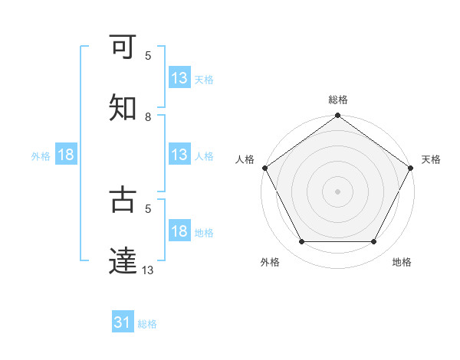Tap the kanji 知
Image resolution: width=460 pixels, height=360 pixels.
(x=123, y=106)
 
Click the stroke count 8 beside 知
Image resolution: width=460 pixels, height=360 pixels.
(x=148, y=116)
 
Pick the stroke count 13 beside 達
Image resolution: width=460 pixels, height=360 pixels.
(x=148, y=269)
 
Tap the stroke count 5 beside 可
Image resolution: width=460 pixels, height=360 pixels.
(x=148, y=56)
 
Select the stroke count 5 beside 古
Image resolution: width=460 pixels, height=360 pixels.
(x=148, y=208)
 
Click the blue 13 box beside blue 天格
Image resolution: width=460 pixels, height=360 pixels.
(x=179, y=78)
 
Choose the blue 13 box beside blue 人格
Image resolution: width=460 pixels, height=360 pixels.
(x=179, y=155)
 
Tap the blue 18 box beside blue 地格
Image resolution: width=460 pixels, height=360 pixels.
(x=179, y=231)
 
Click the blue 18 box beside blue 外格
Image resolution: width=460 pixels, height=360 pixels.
(x=66, y=155)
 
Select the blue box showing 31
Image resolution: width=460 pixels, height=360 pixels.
(x=123, y=323)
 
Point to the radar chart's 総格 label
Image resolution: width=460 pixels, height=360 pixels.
(x=337, y=100)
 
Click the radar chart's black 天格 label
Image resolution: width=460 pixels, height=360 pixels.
(x=431, y=159)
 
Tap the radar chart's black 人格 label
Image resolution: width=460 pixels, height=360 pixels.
(x=245, y=159)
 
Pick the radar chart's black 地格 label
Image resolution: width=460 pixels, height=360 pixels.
(x=402, y=262)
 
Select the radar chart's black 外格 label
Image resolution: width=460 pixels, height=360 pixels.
(x=270, y=262)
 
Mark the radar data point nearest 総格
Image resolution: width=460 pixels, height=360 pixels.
(x=337, y=116)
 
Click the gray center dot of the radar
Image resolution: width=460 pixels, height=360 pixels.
(x=337, y=191)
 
